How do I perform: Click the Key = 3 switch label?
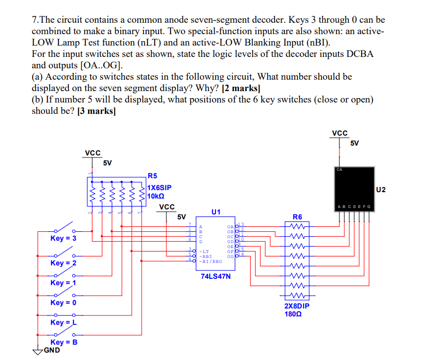click(x=63, y=238)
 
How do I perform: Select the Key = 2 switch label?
click(x=63, y=263)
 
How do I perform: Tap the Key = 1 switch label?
click(x=63, y=283)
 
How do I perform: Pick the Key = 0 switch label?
click(x=63, y=303)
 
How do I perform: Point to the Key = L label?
click(x=63, y=322)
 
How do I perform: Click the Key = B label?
click(x=63, y=342)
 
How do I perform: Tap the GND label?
click(x=52, y=350)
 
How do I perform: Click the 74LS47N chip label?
click(x=216, y=276)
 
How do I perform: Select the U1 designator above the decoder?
click(x=216, y=211)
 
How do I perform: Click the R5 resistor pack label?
click(x=153, y=175)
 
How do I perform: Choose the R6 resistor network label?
click(x=297, y=216)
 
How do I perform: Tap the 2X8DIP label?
click(x=297, y=306)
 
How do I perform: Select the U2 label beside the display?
click(x=381, y=189)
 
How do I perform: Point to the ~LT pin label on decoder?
click(x=204, y=252)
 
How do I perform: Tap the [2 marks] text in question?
click(x=240, y=88)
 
